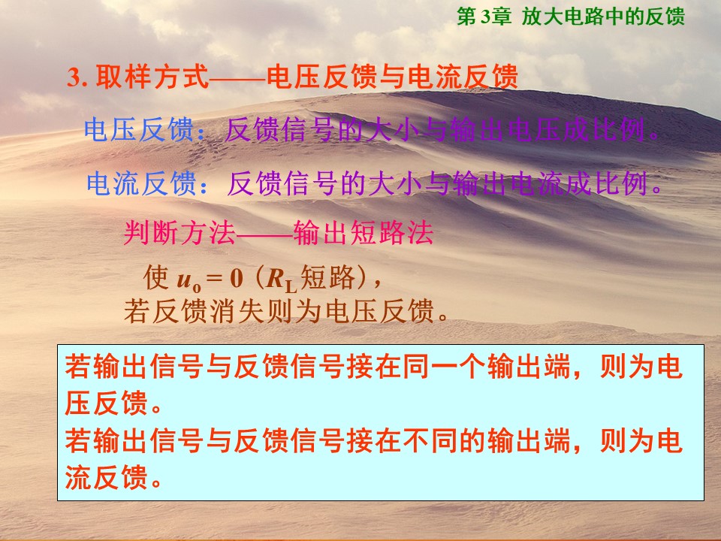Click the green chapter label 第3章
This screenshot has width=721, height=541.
point(484,17)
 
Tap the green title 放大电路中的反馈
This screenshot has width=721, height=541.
point(603,17)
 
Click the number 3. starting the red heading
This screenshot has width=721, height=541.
point(77,77)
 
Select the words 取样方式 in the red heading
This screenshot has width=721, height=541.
point(152,77)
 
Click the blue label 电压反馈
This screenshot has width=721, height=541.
point(139,129)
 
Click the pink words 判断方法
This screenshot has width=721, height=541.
point(179,233)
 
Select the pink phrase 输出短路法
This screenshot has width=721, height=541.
point(364,233)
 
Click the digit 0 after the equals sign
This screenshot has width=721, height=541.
point(237,278)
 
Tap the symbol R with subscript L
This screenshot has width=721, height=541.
point(282,280)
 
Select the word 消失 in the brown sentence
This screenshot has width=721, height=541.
point(237,311)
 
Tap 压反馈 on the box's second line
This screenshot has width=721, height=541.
point(106,403)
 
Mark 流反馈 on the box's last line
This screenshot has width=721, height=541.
point(106,476)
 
